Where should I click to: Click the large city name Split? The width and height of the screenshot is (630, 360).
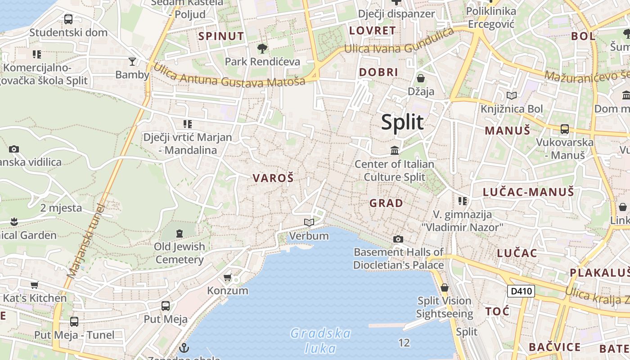402,122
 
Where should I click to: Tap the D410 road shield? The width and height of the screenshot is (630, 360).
521,291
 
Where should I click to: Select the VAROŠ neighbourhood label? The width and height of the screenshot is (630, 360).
273,178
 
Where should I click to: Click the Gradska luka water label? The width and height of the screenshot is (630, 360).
320,341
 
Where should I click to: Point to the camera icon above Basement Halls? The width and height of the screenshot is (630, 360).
398,239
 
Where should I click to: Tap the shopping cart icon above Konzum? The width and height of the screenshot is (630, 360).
228,277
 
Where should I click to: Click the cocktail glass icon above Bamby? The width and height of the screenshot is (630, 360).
132,61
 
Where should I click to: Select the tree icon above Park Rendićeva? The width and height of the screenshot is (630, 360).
262,48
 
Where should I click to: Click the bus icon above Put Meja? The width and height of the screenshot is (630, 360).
166,306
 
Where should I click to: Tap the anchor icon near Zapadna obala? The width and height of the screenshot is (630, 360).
184,347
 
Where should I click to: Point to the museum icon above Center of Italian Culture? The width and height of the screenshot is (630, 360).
395,150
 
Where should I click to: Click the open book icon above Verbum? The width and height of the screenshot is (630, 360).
309,222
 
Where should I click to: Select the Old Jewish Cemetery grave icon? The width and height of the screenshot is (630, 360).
180,233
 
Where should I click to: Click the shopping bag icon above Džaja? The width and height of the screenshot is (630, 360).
421,78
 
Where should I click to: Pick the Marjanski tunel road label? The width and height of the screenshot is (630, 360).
85,241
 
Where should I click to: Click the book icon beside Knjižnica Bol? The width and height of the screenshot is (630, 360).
512,95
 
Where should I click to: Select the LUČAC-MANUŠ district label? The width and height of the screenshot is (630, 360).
528,192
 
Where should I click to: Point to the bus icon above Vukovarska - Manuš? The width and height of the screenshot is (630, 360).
565,129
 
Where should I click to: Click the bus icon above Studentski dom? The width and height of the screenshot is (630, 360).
68,19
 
